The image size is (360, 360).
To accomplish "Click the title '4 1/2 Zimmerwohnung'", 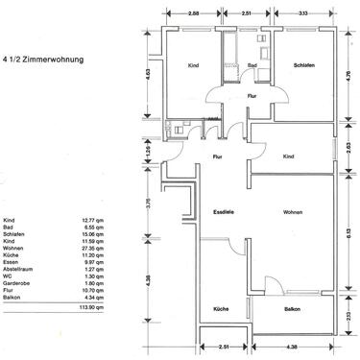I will click(x=43, y=60).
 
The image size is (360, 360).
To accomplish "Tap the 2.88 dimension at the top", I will click(x=193, y=14).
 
